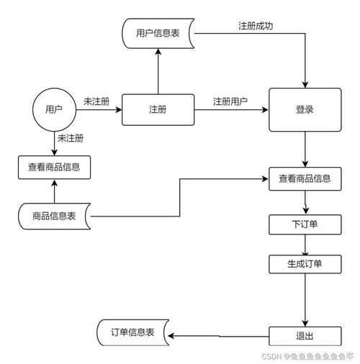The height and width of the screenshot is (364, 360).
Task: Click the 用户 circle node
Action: pos(54,109)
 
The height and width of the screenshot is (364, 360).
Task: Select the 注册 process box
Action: pos(158,109)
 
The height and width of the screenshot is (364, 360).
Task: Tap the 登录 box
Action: pos(305,110)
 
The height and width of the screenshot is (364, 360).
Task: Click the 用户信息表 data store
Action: pos(158,33)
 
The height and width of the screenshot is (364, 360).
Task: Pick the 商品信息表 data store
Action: pos(54,215)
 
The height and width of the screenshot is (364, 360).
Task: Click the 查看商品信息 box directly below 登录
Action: pos(305,178)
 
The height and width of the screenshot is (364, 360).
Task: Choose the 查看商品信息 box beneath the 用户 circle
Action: pos(54,167)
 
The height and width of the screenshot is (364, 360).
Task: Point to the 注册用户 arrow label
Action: pos(230,101)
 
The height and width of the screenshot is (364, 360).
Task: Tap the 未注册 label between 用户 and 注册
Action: pos(96,101)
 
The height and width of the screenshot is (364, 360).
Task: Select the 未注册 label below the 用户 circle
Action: pos(71,138)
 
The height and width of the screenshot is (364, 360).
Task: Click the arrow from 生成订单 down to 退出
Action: pos(306,299)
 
